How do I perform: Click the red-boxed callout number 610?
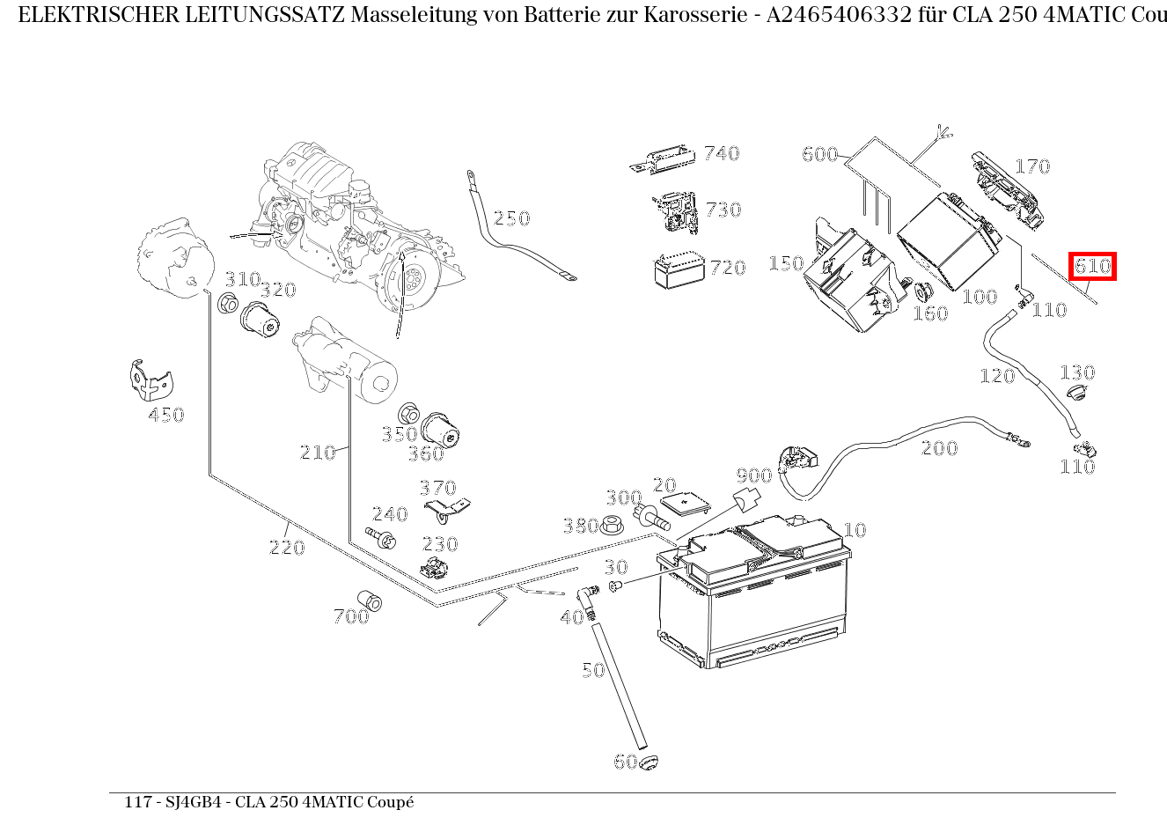coord(1092,266)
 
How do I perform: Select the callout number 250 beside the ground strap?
coord(511,218)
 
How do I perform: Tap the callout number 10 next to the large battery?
coord(855,530)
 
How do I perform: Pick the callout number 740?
coord(722,154)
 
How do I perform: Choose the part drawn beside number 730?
coord(673,212)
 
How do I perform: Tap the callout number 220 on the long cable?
coord(286,548)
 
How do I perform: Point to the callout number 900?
coord(754,476)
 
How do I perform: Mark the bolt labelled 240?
coord(385,537)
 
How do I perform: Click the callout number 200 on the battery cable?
coord(939,448)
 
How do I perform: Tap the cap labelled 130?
coord(1074,393)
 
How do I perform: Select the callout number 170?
coord(1032,166)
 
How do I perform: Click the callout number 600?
coord(819,155)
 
